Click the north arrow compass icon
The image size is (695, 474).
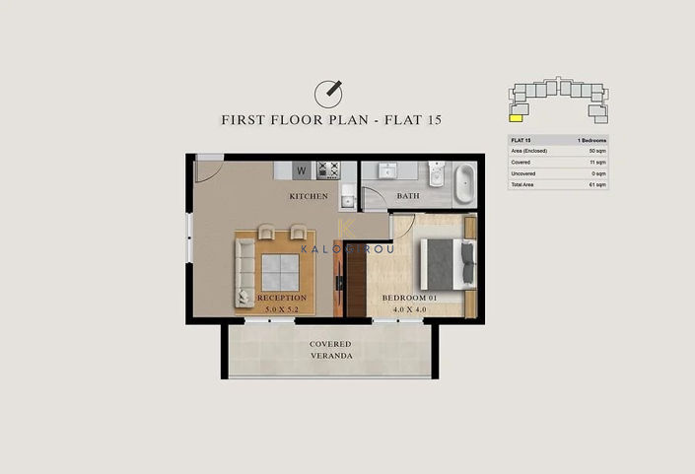(x=328, y=93)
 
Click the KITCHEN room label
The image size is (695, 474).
(x=308, y=196)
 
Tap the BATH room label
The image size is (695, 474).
(x=408, y=196)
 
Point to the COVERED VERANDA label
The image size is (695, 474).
(x=330, y=350)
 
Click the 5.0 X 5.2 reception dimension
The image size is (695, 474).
(x=282, y=307)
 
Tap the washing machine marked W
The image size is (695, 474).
(x=303, y=170)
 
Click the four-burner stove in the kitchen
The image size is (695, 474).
(x=327, y=169)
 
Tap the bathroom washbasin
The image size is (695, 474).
(x=387, y=169)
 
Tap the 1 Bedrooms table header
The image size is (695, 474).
(x=591, y=141)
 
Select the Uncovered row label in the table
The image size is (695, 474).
(x=523, y=173)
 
